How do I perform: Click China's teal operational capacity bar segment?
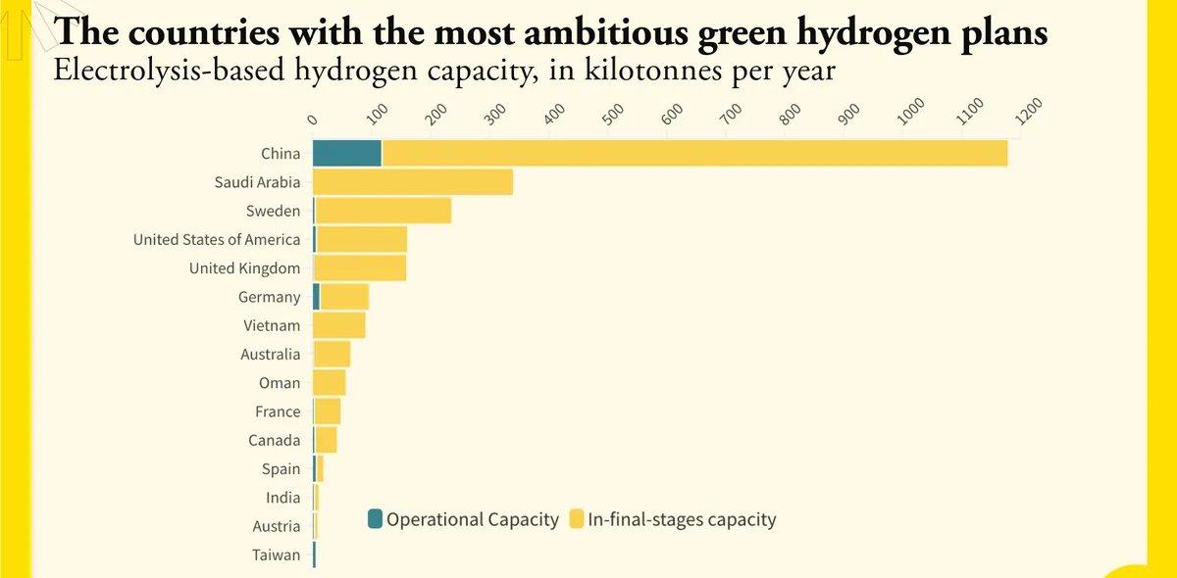[x=347, y=153]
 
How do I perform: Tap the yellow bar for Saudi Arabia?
[x=413, y=182]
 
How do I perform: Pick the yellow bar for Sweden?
[x=384, y=211]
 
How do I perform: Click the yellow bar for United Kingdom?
[x=360, y=268]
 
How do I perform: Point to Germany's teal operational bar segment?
[x=317, y=297]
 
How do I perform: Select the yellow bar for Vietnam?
[x=339, y=325]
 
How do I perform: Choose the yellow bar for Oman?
[x=330, y=383]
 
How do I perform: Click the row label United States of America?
[x=217, y=240]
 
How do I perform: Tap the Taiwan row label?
[x=277, y=555]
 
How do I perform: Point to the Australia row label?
[x=271, y=355]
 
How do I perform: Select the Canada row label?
[x=275, y=441]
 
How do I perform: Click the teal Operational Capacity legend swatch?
[x=376, y=519]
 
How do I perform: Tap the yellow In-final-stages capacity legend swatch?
[x=577, y=519]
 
